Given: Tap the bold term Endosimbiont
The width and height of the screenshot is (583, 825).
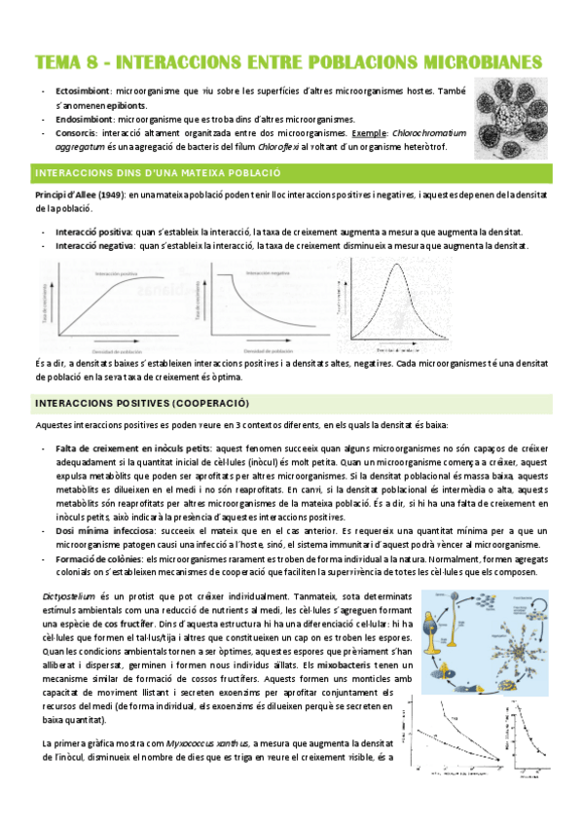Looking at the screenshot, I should tap(84, 118).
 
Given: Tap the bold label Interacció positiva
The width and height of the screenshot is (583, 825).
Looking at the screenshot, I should tap(94, 233).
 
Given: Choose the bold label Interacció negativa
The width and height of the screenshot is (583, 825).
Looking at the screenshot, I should tap(96, 246).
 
